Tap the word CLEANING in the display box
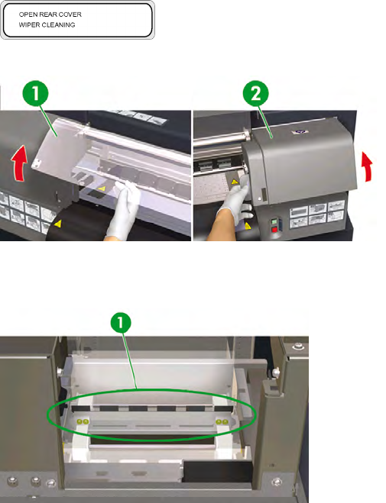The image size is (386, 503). tap(58, 24)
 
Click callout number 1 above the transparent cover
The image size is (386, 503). tap(35, 94)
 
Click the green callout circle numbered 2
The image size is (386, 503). tap(255, 93)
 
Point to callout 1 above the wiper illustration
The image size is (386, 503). tap(121, 322)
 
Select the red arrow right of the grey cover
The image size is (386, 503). tap(367, 166)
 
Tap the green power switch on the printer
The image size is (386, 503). tap(274, 221)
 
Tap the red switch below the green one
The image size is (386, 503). tap(274, 230)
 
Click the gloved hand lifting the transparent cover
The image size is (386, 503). tap(125, 208)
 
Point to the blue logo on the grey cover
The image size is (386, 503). tap(300, 131)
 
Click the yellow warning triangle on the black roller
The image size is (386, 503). tap(58, 224)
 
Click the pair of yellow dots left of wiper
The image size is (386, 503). tap(83, 421)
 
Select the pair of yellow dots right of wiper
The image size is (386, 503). tap(222, 422)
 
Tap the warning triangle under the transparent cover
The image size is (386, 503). tap(102, 189)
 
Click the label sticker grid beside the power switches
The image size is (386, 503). tap(317, 214)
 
